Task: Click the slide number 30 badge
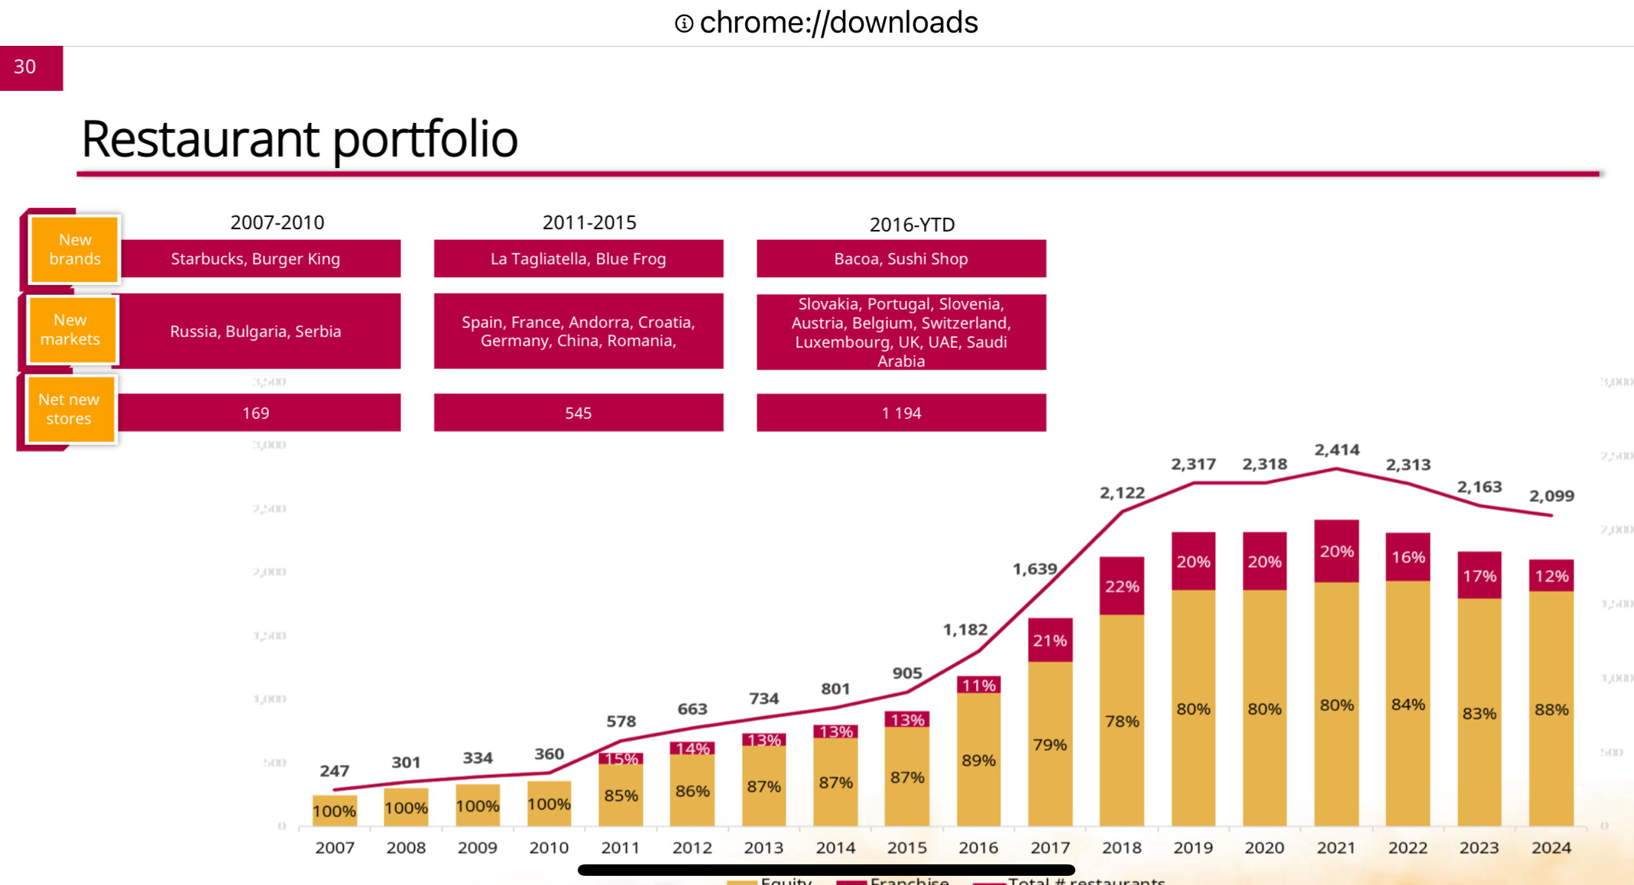coord(31,67)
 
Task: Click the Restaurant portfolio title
coord(299,139)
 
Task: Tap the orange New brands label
coord(74,249)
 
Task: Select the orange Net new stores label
coord(70,409)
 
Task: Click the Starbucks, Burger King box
coord(256,259)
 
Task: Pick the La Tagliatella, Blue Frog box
coord(578,259)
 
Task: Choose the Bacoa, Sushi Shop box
coord(900,259)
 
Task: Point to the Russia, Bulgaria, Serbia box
coord(256,332)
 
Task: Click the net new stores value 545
coord(578,413)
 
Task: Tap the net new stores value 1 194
coord(900,413)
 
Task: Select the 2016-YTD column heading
coord(912,225)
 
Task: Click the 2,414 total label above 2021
coord(1337,450)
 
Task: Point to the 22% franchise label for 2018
coord(1121,587)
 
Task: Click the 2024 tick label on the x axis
coord(1551,848)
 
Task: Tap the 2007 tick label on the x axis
coord(335,848)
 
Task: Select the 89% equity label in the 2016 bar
coord(978,760)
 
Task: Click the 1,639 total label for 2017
coord(1034,569)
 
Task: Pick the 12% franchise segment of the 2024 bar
coord(1551,576)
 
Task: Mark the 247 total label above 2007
coord(334,770)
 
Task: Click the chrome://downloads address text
coord(838,23)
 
